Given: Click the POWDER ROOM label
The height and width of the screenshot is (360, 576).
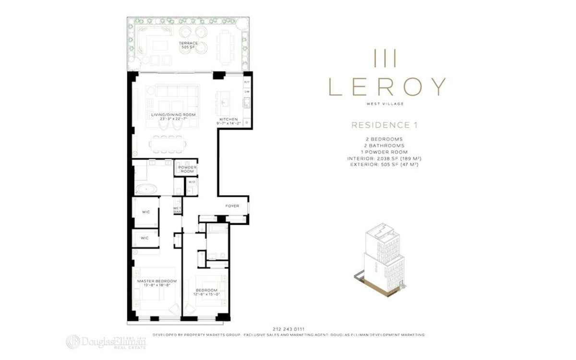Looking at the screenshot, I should [187, 169].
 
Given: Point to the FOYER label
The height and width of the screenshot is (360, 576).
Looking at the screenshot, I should [232, 206].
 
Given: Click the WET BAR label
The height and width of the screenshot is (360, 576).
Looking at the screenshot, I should [176, 210].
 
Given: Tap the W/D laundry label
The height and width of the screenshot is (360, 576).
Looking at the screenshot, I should [191, 182].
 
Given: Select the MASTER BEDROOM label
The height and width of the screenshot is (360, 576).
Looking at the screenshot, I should [157, 281].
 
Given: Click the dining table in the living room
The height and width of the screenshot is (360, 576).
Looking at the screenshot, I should [168, 143].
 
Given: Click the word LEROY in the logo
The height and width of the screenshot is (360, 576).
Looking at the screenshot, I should [387, 86].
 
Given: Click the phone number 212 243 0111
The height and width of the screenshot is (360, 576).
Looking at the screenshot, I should [288, 329].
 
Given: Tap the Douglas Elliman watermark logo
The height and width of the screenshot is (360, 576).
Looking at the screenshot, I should [106, 341].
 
